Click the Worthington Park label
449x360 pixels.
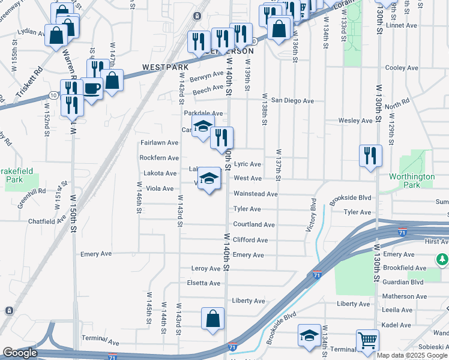pos(411,181)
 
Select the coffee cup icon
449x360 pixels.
pos(92,89)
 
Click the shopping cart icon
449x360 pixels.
pos(367,341)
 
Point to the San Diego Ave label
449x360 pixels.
pos(292,101)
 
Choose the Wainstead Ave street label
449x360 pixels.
pos(255,194)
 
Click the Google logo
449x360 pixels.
pos(20,353)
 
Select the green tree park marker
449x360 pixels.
pos(442,259)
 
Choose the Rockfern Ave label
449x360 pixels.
pos(159,158)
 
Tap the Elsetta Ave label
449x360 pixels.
pos(203,283)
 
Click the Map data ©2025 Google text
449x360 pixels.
pos(412,355)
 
